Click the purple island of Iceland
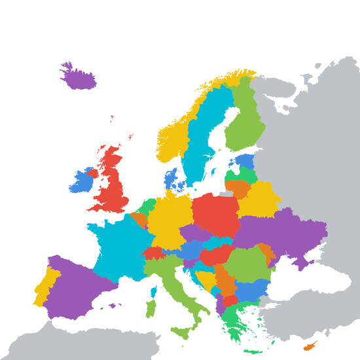pyautogui.click(x=77, y=78)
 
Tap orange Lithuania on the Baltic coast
pyautogui.click(x=238, y=189)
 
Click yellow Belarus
pyautogui.click(x=259, y=199)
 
